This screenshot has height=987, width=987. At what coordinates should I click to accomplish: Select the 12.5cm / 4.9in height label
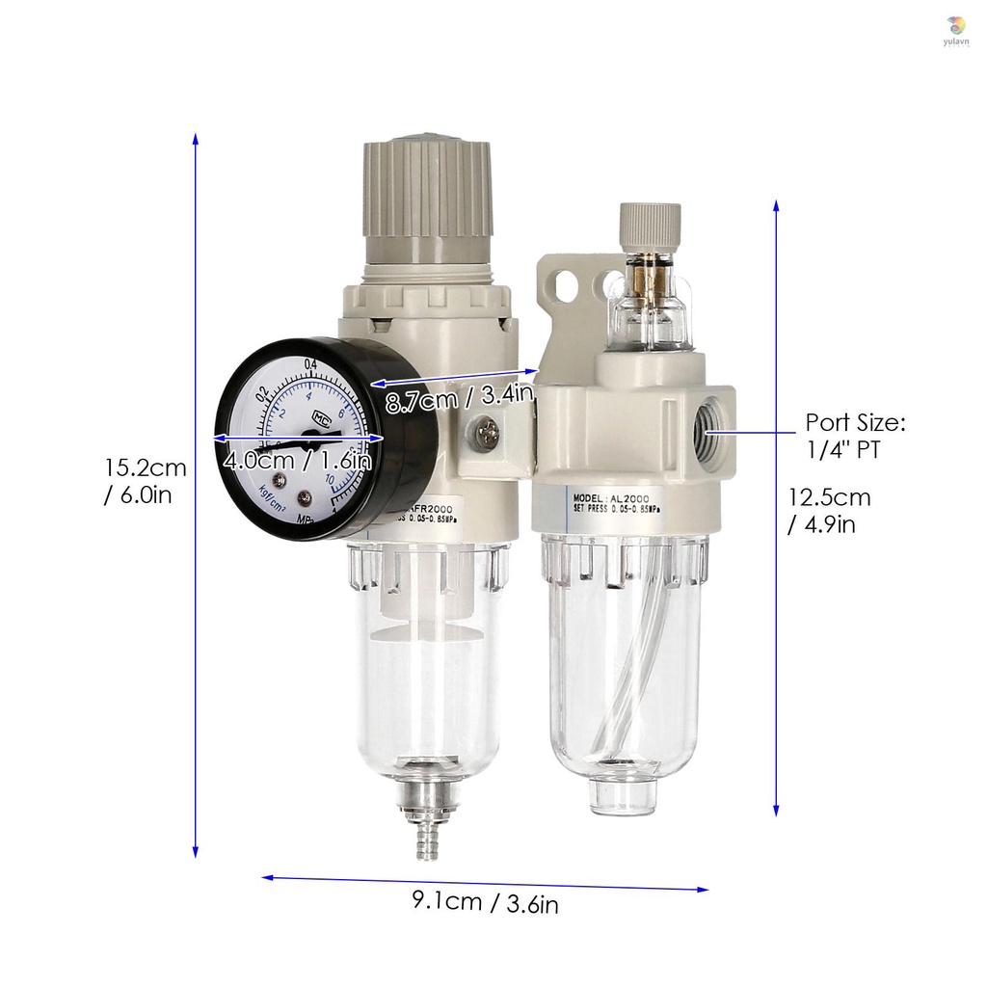829,511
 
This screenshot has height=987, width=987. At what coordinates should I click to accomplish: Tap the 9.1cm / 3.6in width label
485,903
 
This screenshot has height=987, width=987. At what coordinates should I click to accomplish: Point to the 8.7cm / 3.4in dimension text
459,398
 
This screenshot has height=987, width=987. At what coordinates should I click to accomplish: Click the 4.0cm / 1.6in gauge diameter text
297,461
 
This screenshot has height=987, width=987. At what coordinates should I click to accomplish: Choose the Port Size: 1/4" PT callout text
855,436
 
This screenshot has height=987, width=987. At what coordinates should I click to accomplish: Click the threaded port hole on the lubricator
707,433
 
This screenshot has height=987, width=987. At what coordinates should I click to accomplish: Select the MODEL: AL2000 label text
610,498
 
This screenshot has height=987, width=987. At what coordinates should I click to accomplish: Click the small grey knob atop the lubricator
651,223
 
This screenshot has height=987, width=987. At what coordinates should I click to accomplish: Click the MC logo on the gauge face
321,420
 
